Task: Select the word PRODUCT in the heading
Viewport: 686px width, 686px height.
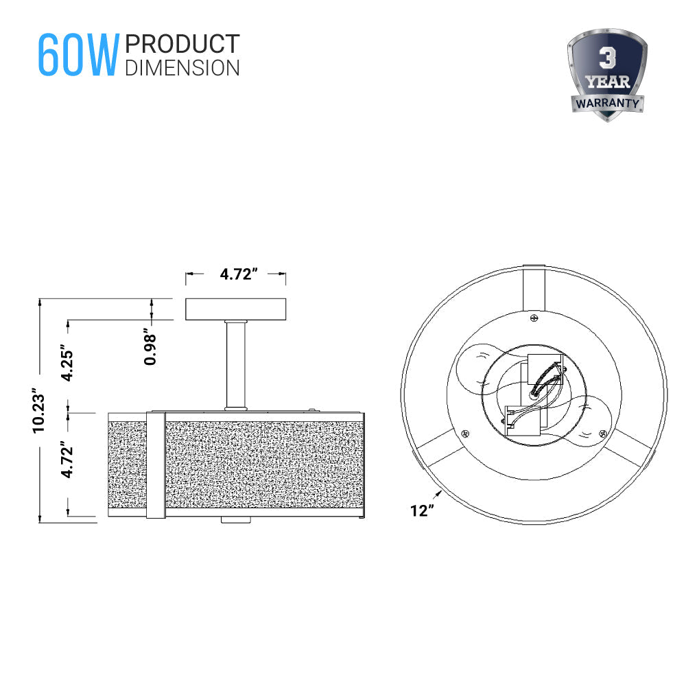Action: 182,45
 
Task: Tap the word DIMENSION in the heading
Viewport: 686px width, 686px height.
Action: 182,68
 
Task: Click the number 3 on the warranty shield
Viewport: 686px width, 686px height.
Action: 607,58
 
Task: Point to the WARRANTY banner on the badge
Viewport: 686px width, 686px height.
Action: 607,104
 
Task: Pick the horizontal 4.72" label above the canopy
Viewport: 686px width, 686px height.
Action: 237,274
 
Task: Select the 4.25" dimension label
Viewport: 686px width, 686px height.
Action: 67,363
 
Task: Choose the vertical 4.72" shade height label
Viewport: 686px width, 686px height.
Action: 67,463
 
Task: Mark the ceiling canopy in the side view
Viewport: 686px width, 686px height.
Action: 236,309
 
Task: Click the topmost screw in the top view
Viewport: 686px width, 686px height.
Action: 534,318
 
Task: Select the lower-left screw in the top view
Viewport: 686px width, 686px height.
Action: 466,434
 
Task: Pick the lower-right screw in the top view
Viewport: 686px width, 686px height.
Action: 602,433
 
